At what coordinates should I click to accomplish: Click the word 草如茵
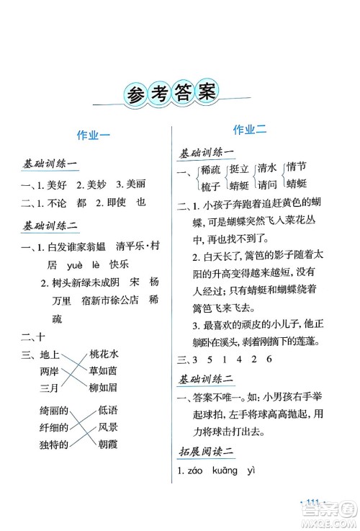[x=107, y=372]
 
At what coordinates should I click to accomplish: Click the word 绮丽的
[x=54, y=411]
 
